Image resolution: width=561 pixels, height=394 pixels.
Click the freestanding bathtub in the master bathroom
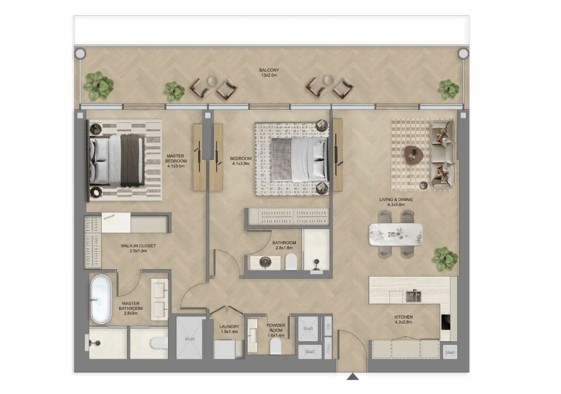coord(101,299)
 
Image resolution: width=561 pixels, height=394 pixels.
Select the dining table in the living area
coord(396,235)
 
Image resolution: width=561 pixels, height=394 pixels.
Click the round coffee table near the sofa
coord(414,155)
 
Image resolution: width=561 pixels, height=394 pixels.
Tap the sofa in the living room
coord(443,154)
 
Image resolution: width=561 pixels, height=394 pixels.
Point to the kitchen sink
coord(413,296)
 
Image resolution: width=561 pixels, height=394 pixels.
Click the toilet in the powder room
coord(275,346)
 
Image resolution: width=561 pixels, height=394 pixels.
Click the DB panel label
coord(328,326)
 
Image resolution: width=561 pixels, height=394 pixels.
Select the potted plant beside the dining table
coord(445,259)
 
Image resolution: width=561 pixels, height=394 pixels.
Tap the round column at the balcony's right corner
coord(464,54)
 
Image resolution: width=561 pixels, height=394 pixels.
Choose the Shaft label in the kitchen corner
coord(450,352)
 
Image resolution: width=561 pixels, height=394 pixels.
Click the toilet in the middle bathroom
coord(291,262)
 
